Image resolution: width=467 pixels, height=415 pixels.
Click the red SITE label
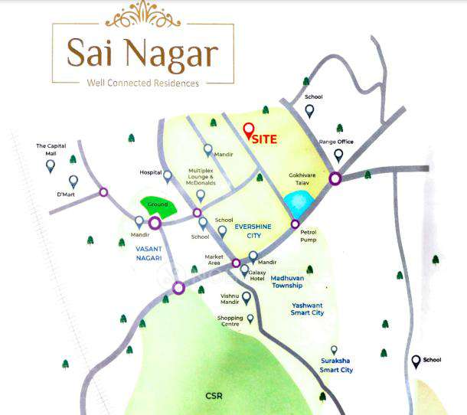click(x=266, y=140)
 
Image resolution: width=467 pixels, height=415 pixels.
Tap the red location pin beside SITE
click(x=248, y=130)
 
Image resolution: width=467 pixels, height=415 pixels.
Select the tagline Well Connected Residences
click(x=142, y=83)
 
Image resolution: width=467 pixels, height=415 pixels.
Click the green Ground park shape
click(x=157, y=207)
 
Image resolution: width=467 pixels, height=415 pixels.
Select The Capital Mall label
click(x=51, y=149)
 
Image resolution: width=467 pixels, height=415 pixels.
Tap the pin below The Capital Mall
click(x=51, y=165)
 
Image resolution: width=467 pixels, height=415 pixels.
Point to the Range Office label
click(x=338, y=141)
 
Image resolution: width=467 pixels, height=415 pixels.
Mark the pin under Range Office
click(x=338, y=155)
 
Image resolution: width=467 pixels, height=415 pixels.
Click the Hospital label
click(x=151, y=172)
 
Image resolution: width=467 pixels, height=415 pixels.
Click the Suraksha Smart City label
click(x=337, y=364)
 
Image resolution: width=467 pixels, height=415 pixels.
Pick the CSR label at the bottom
click(x=214, y=396)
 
